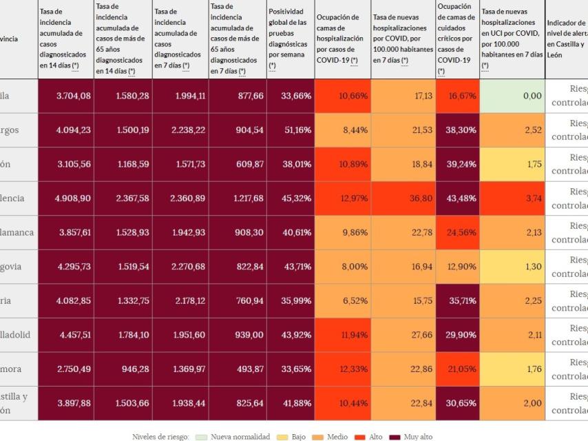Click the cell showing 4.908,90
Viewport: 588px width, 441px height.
(x=73, y=198)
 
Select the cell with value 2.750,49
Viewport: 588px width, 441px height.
(x=73, y=369)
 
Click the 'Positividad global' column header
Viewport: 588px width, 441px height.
(x=290, y=39)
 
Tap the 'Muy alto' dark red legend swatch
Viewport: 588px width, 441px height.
(x=395, y=437)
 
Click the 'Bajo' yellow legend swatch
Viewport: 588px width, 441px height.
(x=282, y=437)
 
